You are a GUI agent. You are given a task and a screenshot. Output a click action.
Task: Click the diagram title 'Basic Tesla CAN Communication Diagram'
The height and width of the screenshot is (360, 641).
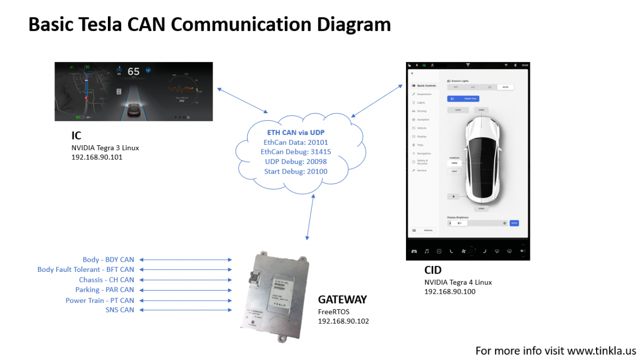click(x=209, y=25)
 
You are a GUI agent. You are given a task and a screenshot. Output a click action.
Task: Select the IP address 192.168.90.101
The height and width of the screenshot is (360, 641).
click(x=97, y=158)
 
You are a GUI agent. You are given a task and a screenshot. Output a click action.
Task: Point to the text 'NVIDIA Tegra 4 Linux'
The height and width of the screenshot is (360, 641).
click(x=458, y=282)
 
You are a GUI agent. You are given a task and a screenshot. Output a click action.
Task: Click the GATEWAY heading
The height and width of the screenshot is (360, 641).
click(x=342, y=300)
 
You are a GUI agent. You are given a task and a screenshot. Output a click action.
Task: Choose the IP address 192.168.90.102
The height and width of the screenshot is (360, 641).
click(x=343, y=321)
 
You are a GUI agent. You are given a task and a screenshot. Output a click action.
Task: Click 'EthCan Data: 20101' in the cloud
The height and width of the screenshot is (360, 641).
click(x=295, y=143)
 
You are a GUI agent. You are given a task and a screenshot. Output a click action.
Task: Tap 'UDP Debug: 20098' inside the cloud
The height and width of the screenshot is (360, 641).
click(x=295, y=162)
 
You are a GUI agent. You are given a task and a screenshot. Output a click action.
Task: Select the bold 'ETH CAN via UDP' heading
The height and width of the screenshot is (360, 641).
click(x=295, y=132)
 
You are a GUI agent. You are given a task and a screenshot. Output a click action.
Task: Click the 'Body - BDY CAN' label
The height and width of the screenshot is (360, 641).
click(x=108, y=260)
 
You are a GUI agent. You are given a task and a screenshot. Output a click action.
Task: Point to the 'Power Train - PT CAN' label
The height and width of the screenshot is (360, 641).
click(x=100, y=300)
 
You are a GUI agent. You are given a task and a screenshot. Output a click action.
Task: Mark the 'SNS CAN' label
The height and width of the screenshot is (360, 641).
click(x=120, y=310)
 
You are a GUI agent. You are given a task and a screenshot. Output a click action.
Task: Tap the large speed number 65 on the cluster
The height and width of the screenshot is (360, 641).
click(x=133, y=72)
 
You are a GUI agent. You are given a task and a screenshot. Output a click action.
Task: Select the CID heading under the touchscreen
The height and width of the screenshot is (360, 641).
click(x=433, y=270)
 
